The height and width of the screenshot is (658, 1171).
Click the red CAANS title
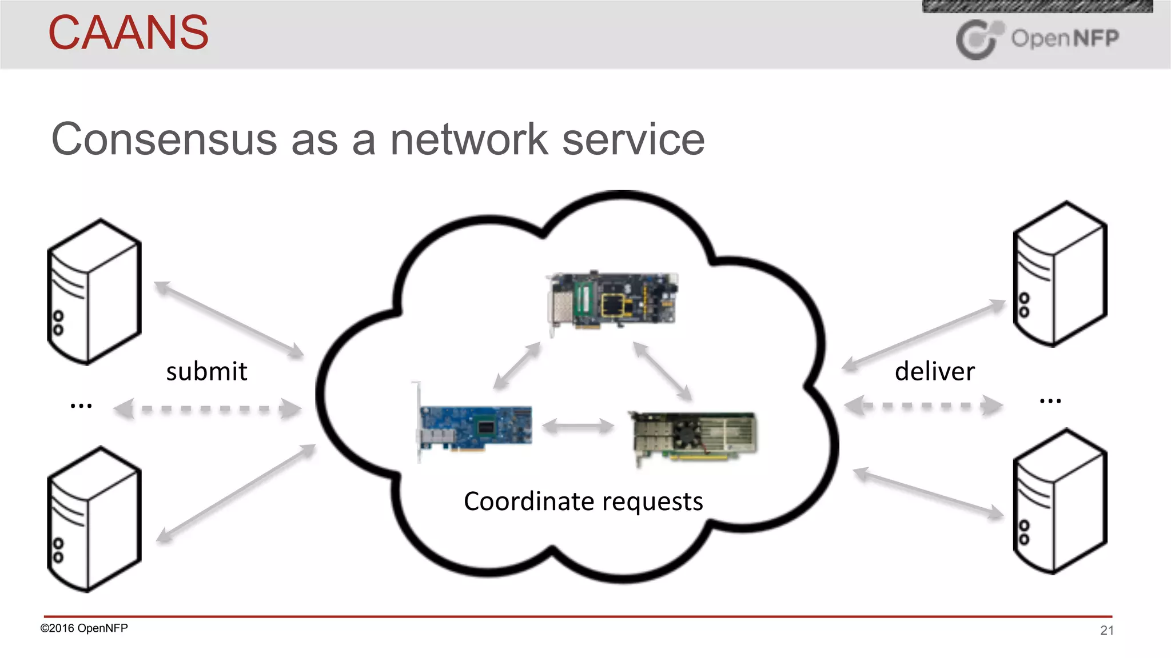(x=129, y=33)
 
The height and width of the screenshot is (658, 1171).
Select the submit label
(x=206, y=372)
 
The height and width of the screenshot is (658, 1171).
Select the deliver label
(x=934, y=372)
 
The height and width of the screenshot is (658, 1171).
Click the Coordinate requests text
(x=583, y=501)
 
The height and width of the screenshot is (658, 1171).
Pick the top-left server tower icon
(x=94, y=291)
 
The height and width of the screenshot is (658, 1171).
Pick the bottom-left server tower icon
(x=94, y=519)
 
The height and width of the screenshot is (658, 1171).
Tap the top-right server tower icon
(x=1060, y=274)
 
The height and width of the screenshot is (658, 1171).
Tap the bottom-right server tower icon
(x=1060, y=501)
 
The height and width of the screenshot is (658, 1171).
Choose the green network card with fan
(x=694, y=436)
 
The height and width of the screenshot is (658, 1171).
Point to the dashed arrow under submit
(x=207, y=409)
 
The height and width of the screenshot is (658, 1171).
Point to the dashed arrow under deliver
(x=923, y=406)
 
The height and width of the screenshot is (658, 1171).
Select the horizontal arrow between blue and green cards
(x=577, y=426)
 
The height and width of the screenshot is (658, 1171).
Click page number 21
(x=1106, y=631)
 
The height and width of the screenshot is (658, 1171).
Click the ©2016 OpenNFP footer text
(x=84, y=628)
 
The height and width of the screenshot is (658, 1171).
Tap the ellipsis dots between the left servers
(x=81, y=406)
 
